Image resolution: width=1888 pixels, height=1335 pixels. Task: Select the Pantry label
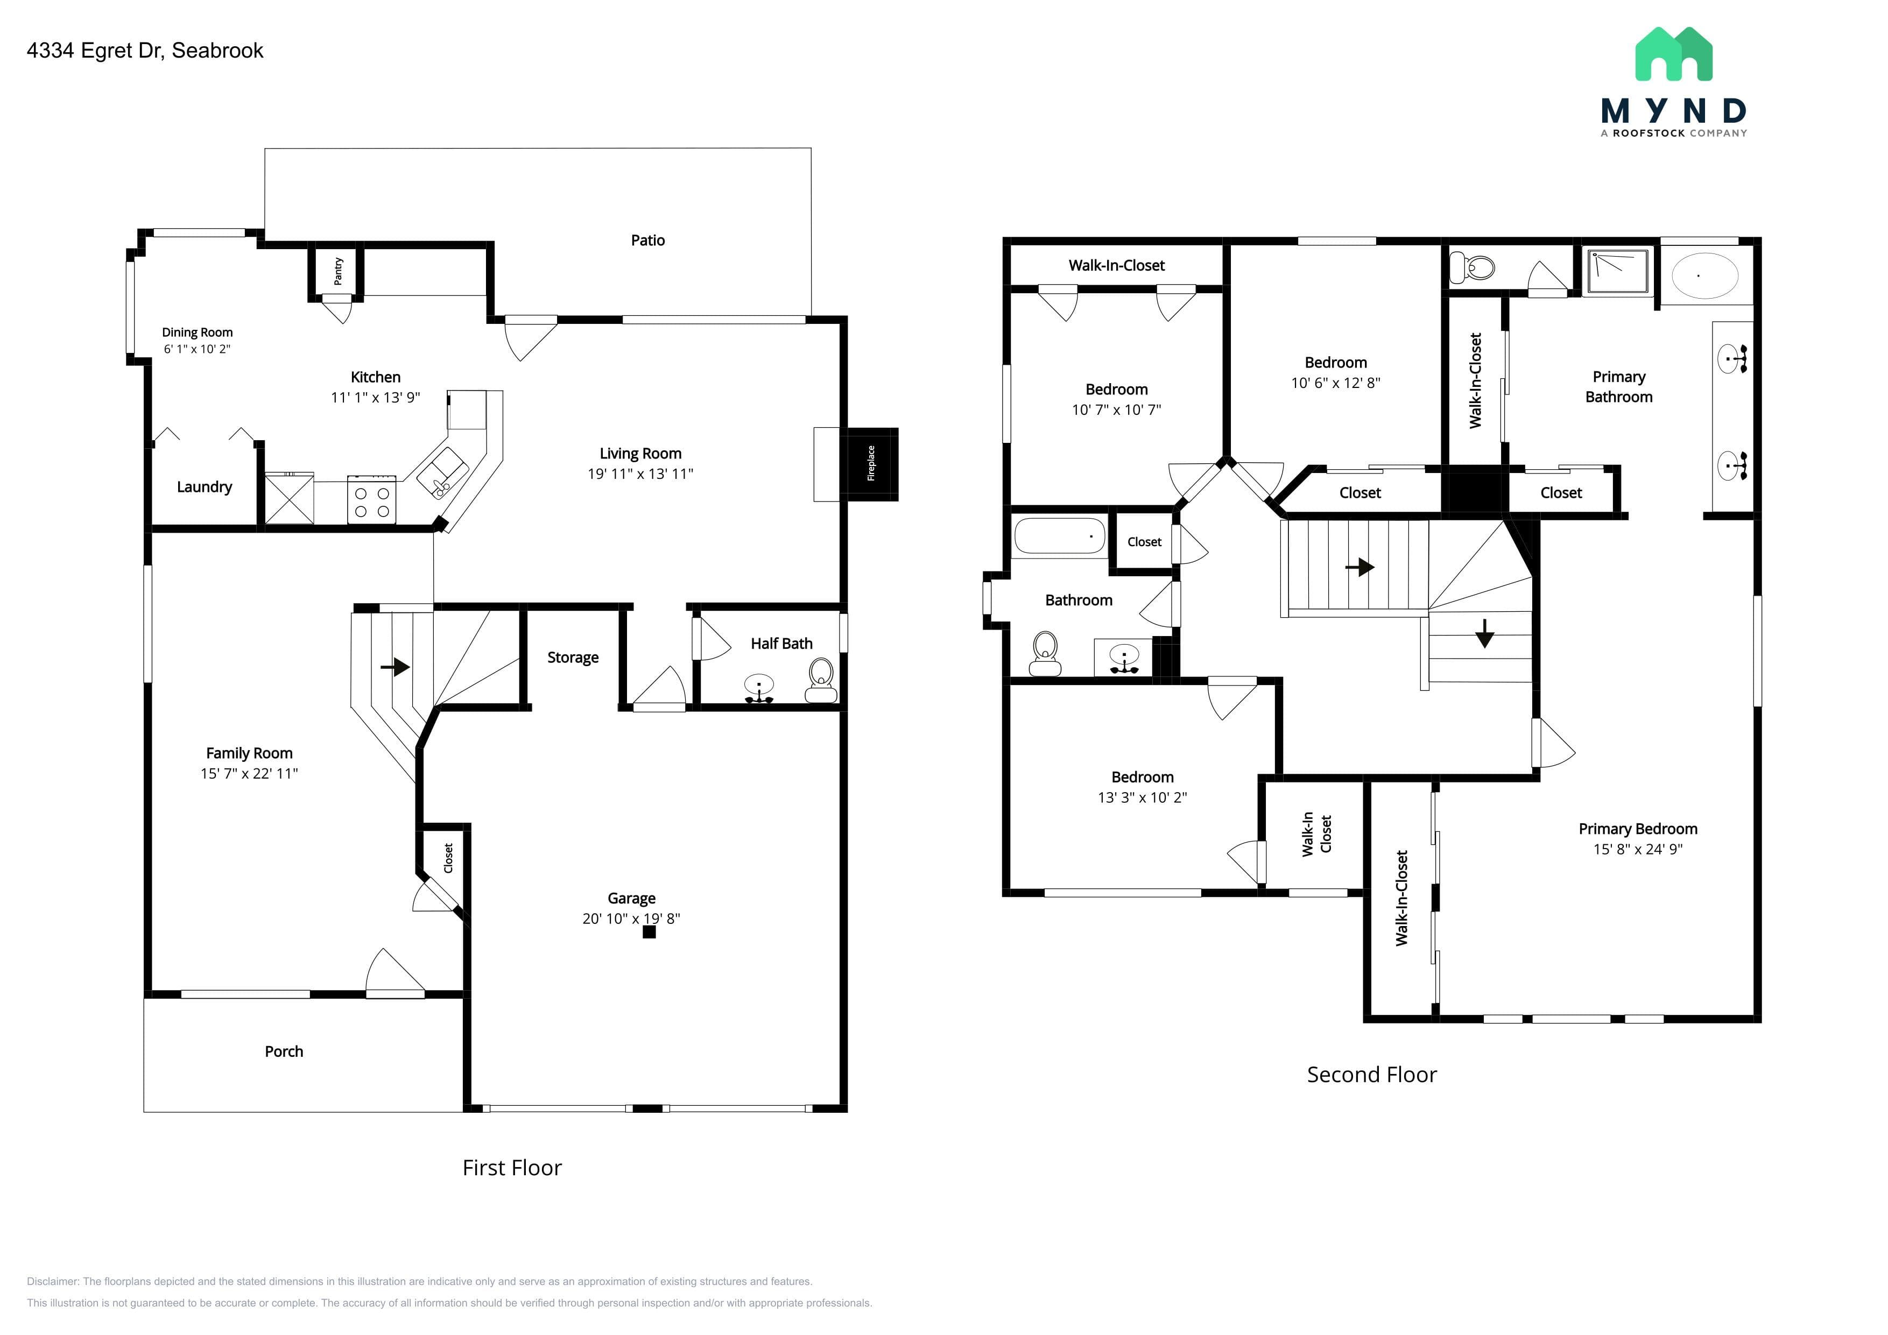pos(338,271)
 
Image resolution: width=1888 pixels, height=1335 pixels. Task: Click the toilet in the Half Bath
pos(821,681)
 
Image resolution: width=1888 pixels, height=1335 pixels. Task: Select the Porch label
pos(284,1051)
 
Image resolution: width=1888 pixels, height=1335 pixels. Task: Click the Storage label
pos(573,658)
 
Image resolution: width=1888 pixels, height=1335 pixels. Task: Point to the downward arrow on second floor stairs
pos(1484,633)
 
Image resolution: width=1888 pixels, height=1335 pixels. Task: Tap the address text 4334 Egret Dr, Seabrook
pos(145,51)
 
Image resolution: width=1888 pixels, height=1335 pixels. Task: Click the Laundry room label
pos(204,488)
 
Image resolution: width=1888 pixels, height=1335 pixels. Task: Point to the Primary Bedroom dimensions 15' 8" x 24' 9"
pos(1638,849)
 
